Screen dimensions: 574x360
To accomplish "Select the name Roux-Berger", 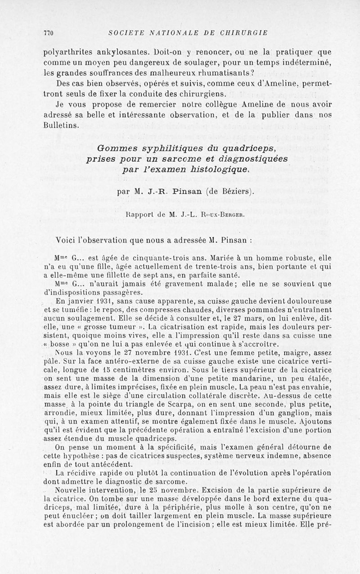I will click(222, 214).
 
